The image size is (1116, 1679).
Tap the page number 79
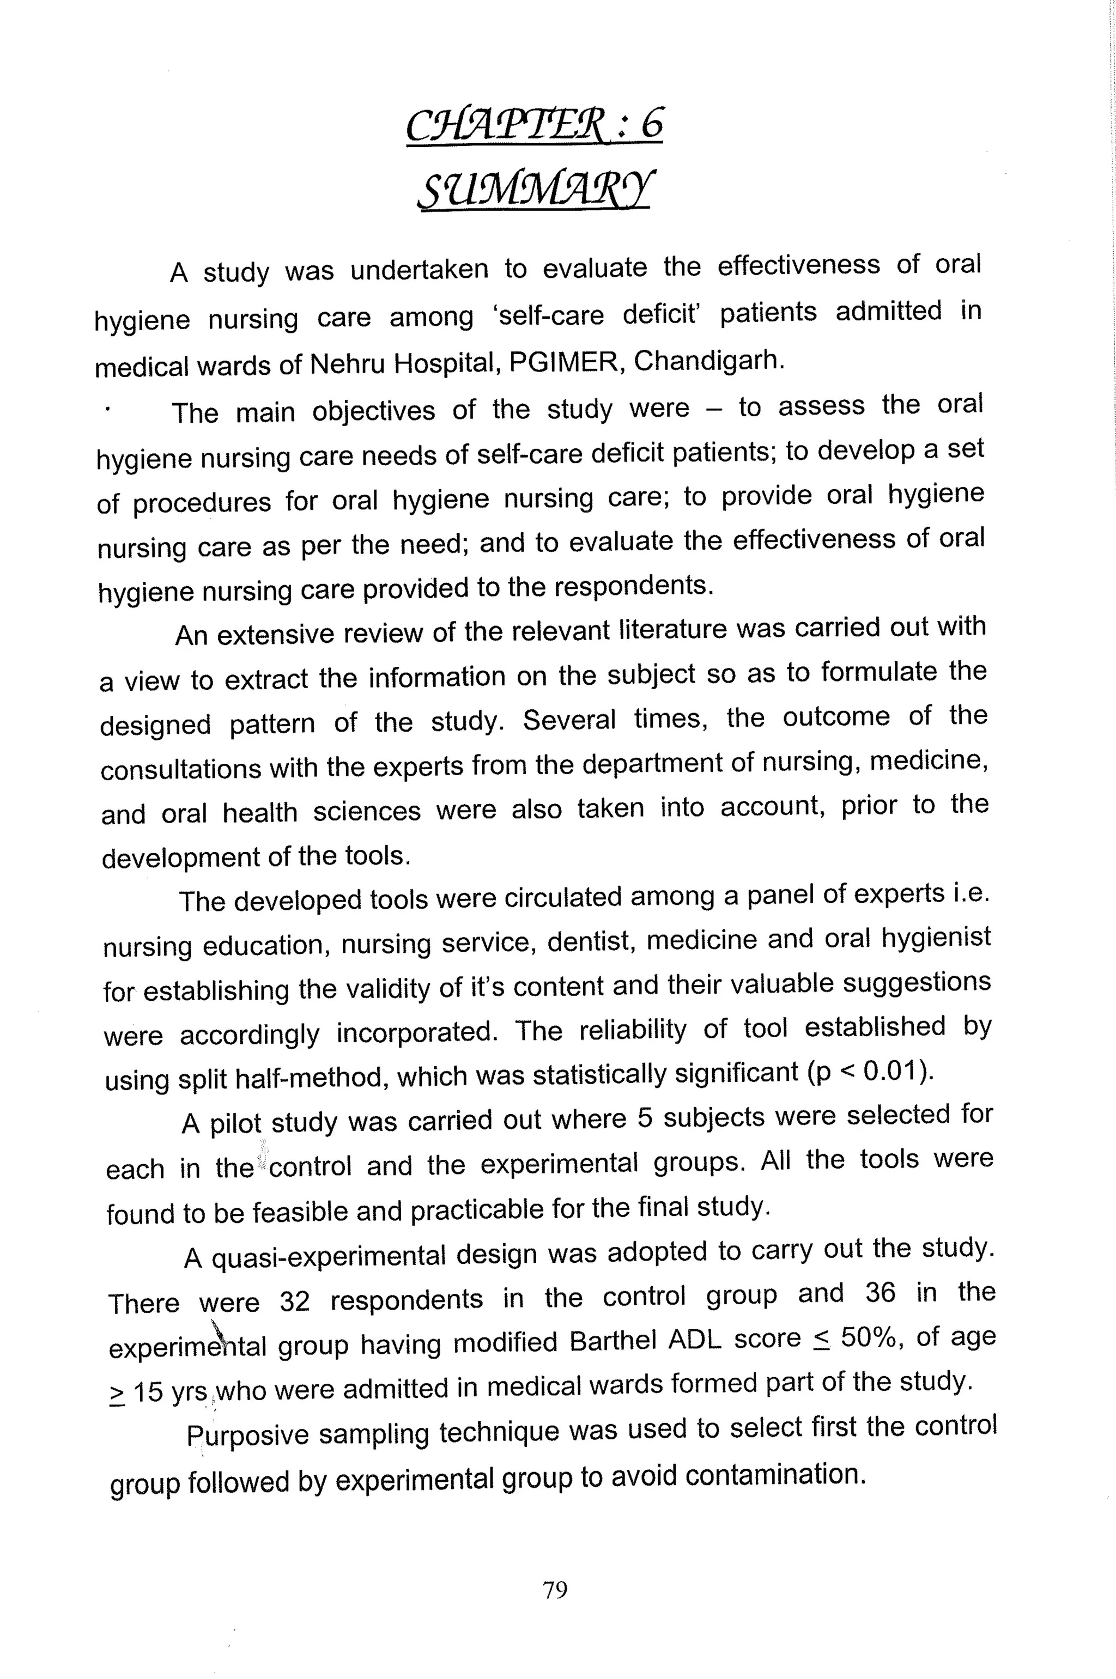click(x=554, y=1589)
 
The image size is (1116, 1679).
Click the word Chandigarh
click(x=708, y=361)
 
